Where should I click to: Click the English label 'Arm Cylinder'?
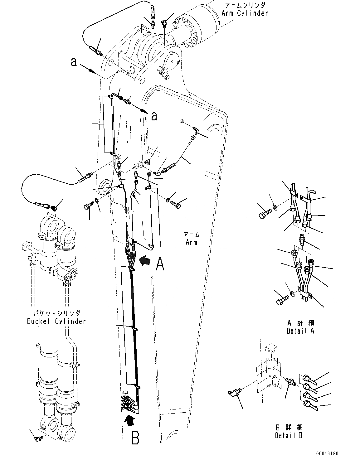[x=244, y=13]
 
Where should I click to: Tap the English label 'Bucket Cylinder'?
[x=56, y=321]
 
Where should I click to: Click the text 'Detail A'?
[x=300, y=331]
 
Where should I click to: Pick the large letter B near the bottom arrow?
[x=135, y=438]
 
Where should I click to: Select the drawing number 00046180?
[x=327, y=453]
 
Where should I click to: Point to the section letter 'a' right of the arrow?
[x=154, y=116]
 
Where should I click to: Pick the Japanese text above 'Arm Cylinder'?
[x=244, y=5]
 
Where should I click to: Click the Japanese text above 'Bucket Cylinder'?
[x=56, y=313]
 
